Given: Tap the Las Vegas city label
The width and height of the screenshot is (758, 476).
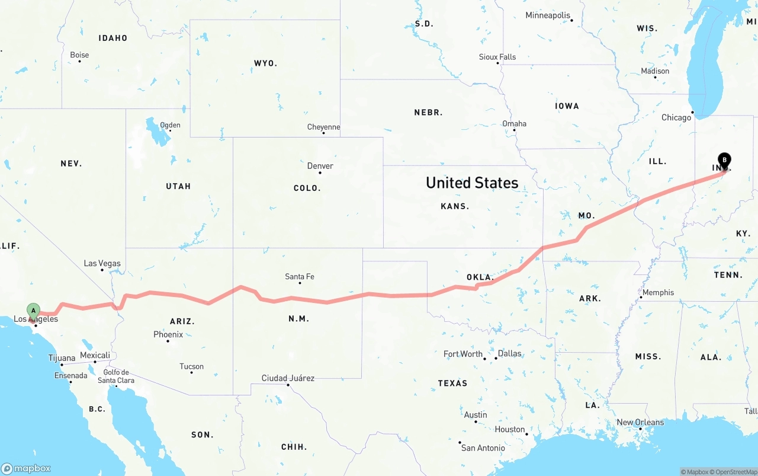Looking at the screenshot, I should coord(102,263).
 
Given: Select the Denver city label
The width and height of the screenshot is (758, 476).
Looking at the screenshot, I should coord(320,166).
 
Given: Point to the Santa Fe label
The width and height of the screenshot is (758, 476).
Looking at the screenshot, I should coord(300,276).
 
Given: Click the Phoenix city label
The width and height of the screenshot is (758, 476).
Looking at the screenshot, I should coord(168,334).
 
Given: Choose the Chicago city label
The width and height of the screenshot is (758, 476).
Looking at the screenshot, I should coord(676,117).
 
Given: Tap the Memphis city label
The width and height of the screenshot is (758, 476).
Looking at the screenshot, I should coord(658,292).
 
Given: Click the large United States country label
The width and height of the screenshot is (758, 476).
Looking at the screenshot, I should coord(472,183).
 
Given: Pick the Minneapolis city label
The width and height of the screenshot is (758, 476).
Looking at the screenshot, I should coord(548,15).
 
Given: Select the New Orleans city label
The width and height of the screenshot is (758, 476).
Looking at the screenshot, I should coord(640,422).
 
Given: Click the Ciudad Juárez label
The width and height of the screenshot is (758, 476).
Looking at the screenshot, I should coord(288,378).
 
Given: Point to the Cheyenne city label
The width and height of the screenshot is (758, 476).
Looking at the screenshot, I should coord(323,127).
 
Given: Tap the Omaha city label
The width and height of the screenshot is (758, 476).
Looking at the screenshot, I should coord(514,123).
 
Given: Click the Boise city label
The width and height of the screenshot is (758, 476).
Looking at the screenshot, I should coord(79,55).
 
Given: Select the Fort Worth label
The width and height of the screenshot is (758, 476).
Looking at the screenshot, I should coord(463,354).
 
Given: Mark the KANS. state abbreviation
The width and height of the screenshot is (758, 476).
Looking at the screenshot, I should coord(455,206).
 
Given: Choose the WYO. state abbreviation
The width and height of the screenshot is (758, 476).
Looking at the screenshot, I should coord(265,63).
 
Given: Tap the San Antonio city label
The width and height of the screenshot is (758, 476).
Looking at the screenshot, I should coord(483,448).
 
